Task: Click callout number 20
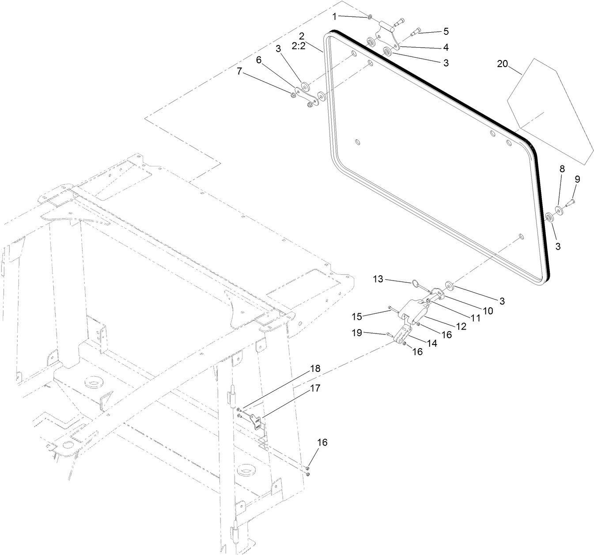(x=503, y=64)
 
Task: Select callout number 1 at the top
(x=335, y=16)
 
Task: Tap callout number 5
(x=446, y=31)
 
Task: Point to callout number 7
(x=239, y=71)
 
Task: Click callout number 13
(x=378, y=279)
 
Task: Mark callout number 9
(x=577, y=179)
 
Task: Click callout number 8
(x=562, y=169)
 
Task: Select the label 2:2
(x=299, y=46)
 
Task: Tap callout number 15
(x=357, y=316)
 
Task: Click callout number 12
(x=461, y=326)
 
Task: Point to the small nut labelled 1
(x=370, y=17)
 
